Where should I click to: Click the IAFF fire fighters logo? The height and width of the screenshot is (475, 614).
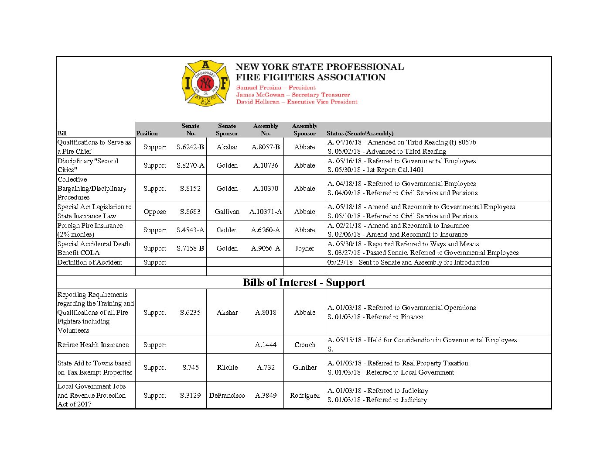[205, 83]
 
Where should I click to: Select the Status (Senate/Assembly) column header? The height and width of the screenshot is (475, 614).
[360, 133]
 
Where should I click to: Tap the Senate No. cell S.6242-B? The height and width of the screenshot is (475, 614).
[190, 147]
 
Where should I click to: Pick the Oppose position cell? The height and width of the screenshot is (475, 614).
[155, 212]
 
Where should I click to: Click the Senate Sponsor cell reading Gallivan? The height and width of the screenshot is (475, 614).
[227, 212]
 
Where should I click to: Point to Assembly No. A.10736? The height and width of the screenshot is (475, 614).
[266, 165]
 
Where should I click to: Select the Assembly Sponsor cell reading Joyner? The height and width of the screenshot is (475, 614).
[304, 248]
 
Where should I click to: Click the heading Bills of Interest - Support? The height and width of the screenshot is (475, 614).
[304, 282]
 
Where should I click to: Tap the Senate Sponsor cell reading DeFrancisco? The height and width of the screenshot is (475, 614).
[227, 396]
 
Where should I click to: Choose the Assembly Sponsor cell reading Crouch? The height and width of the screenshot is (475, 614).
[304, 345]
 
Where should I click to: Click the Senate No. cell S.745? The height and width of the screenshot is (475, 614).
[190, 368]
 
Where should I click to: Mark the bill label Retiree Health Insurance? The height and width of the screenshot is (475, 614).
[93, 345]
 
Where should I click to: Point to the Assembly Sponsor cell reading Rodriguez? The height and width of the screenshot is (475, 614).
[304, 396]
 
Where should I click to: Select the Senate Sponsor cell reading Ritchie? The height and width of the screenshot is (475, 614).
[227, 368]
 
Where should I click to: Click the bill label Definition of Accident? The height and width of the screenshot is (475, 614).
[90, 262]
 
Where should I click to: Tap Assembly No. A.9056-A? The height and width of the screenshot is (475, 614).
[266, 248]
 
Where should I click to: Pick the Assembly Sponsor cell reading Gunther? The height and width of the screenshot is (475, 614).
[304, 368]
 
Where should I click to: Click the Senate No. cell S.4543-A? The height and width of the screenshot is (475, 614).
[190, 230]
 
